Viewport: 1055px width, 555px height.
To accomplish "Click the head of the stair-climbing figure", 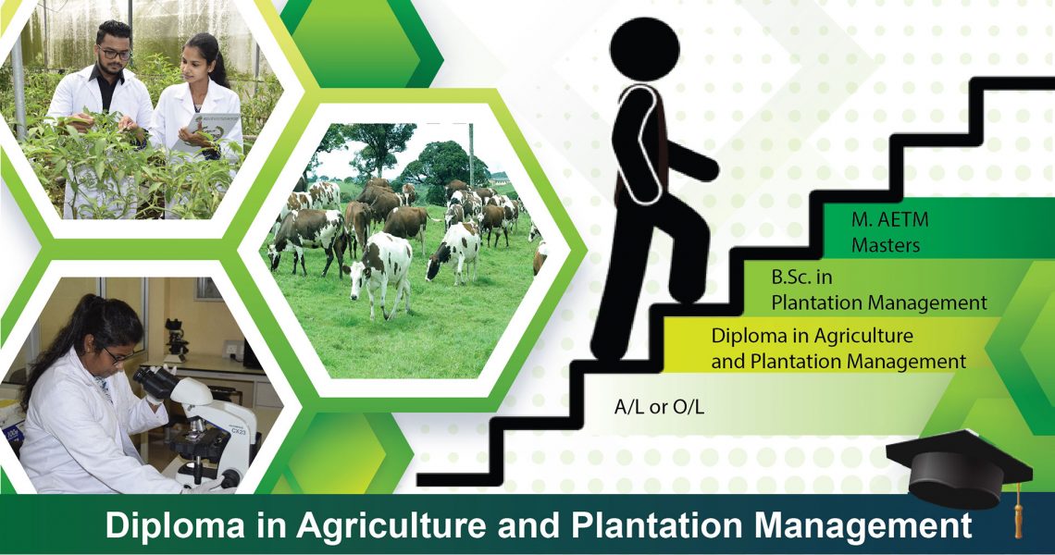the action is click(x=644, y=49).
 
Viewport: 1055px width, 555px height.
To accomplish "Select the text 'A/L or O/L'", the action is click(x=659, y=407).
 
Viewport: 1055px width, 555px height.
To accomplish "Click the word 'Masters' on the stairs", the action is click(x=886, y=245).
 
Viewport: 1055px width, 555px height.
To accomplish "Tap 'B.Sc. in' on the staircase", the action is click(x=801, y=277).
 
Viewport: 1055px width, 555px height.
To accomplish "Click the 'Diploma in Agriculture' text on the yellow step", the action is click(x=813, y=335).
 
